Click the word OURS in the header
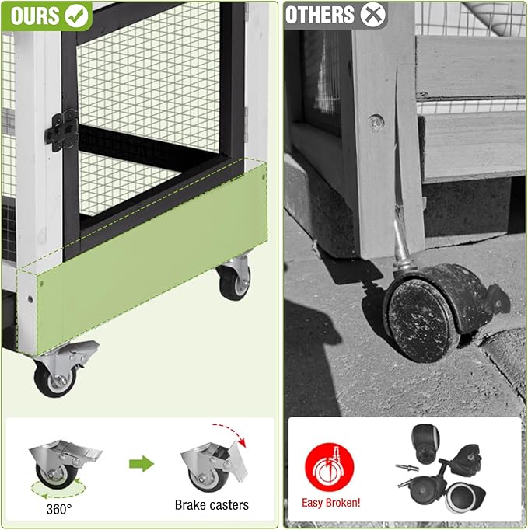tap(36, 14)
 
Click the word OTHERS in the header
tap(320, 14)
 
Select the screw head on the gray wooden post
tap(376, 121)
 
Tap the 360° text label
tap(59, 508)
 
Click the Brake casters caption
tap(212, 505)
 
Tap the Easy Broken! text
tap(330, 504)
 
